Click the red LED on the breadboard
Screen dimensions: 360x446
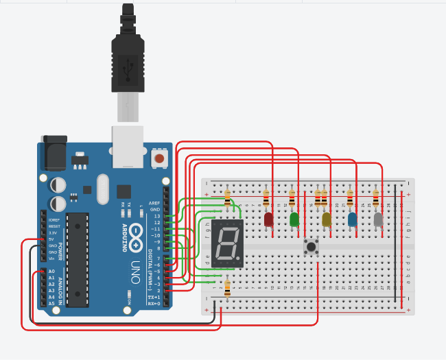(268, 219)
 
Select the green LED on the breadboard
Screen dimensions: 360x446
(294, 219)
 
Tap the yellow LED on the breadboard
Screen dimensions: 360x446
(326, 219)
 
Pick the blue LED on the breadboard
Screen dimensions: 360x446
(352, 219)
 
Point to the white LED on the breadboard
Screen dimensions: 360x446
(377, 219)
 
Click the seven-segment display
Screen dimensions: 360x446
(226, 244)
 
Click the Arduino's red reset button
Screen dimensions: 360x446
(159, 159)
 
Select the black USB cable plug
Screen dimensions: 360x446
(128, 55)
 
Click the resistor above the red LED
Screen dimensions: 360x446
(266, 199)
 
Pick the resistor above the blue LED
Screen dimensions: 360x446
(350, 199)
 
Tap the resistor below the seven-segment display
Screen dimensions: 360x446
(226, 287)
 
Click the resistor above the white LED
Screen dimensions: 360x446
(375, 199)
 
